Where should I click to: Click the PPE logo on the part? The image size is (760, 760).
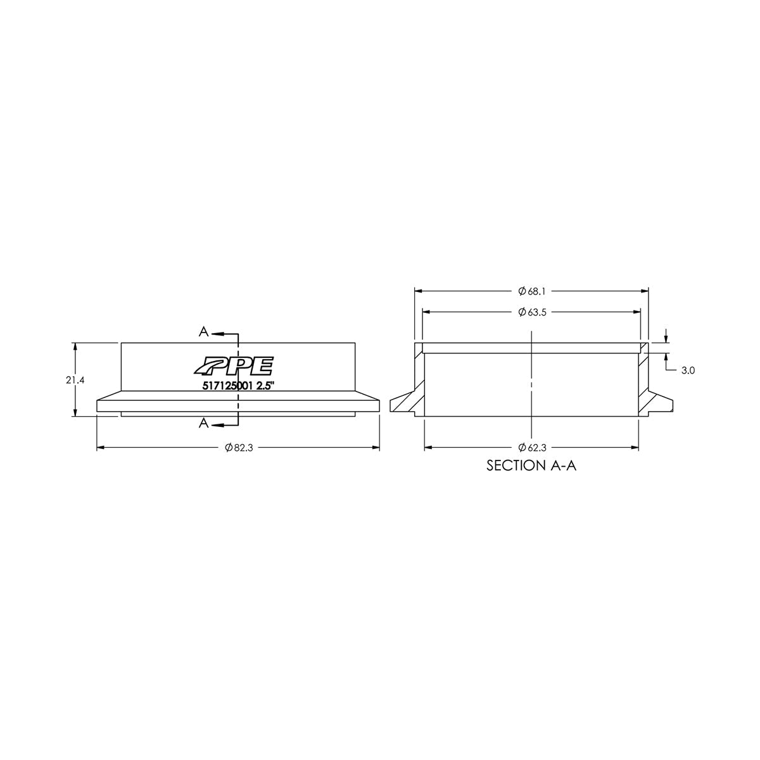234,367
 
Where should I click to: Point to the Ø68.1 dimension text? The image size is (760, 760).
531,291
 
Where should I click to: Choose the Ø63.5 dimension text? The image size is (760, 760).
531,312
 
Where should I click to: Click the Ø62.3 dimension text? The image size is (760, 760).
531,448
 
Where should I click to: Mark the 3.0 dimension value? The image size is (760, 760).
688,371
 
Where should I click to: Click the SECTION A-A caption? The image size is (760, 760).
531,466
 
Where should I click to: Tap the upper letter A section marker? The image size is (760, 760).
203,332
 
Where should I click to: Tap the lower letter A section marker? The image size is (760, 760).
203,424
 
